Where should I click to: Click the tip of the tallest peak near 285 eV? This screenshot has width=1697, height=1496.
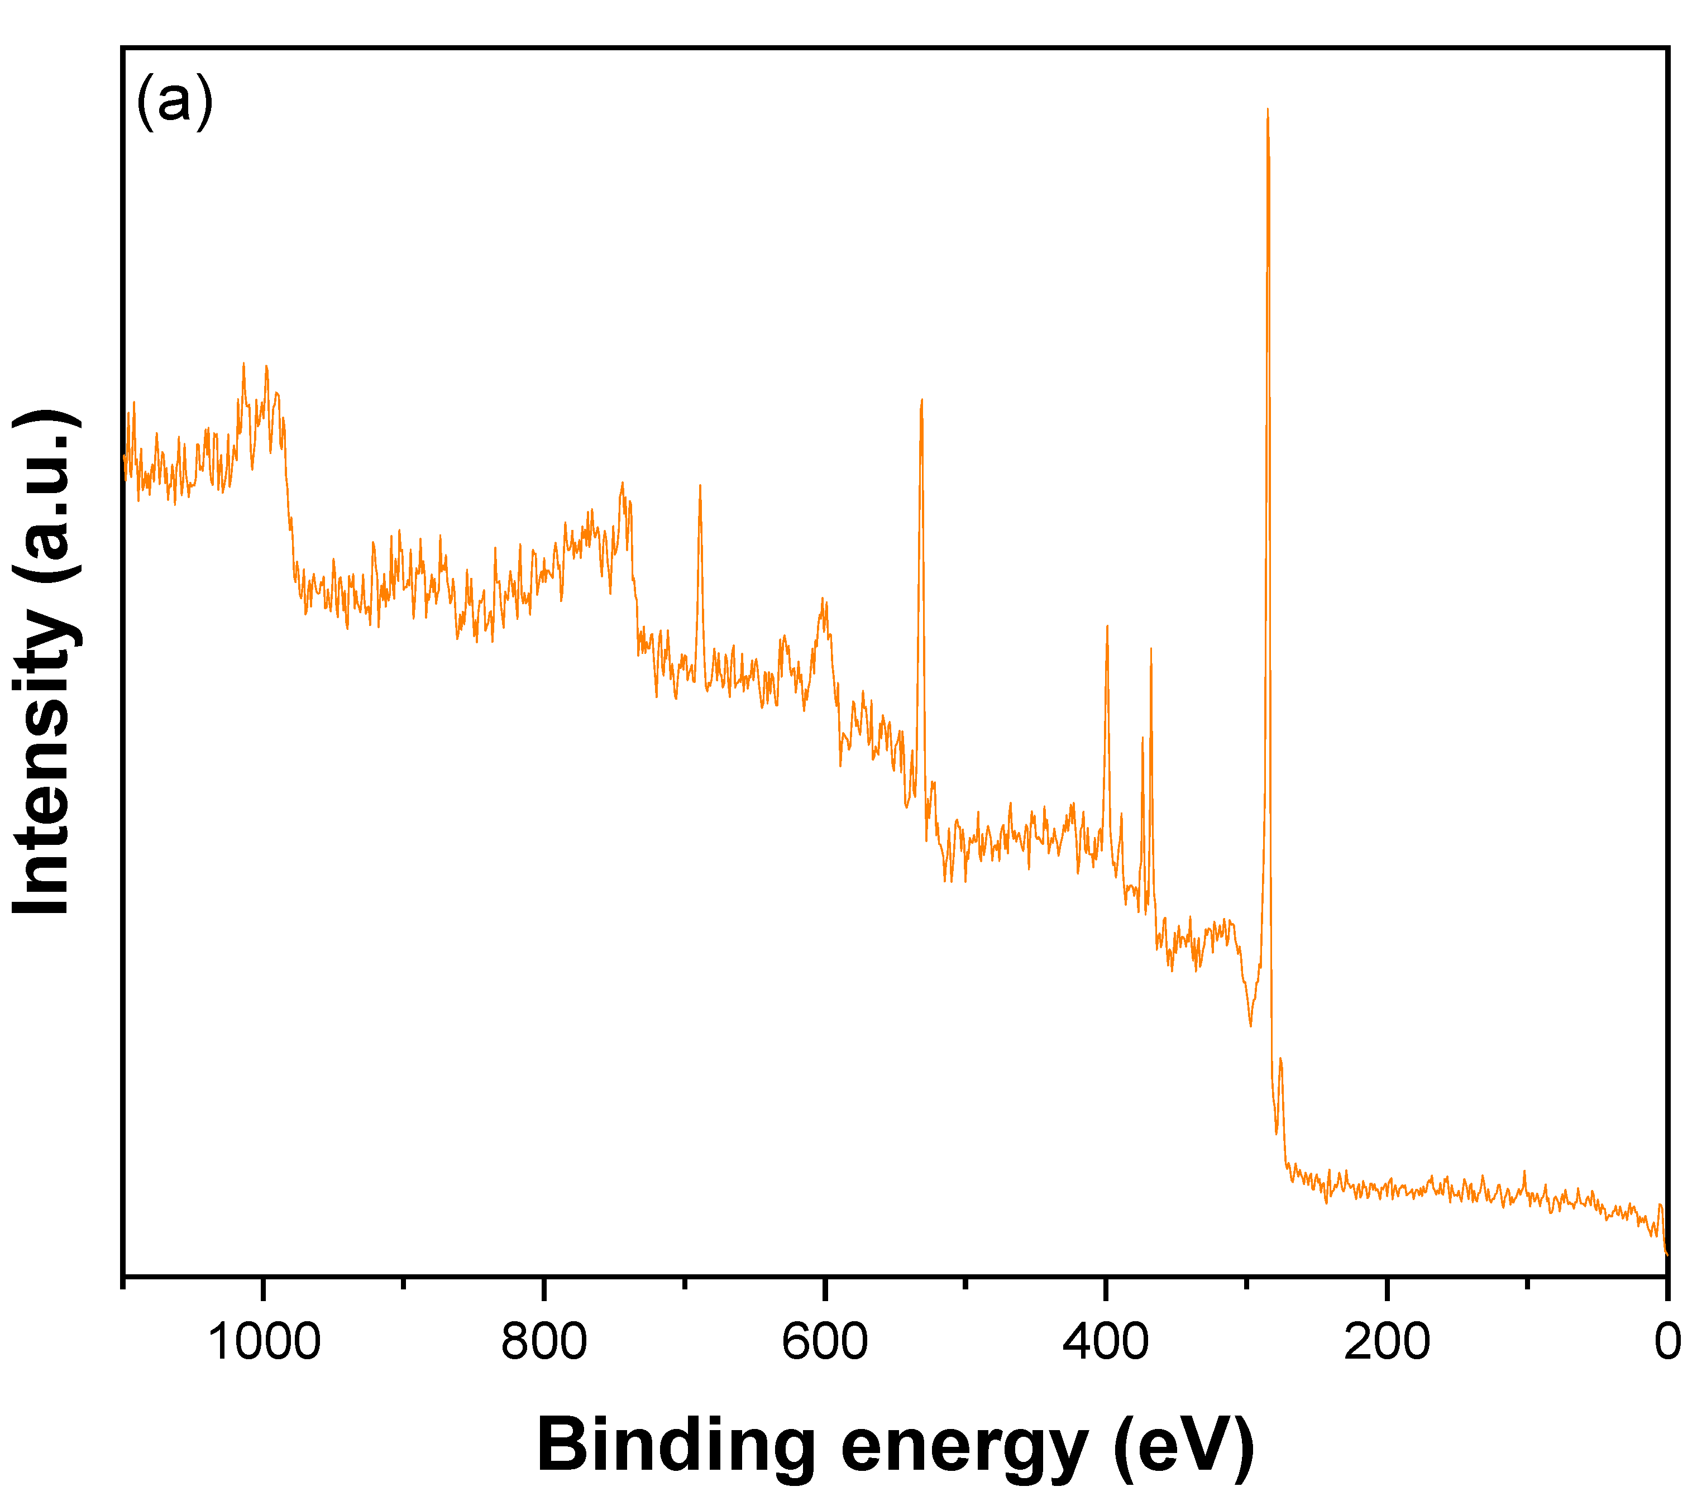tap(1267, 109)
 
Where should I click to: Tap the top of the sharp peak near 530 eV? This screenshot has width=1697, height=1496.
tap(921, 401)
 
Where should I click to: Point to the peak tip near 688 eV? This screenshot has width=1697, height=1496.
tap(700, 486)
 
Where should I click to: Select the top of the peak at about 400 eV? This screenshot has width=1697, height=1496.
tap(1107, 627)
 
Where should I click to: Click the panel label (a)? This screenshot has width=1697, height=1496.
tap(174, 101)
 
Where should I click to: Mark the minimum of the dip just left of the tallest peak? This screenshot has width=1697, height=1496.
tap(1250, 1025)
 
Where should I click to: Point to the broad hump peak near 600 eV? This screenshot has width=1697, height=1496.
tap(823, 599)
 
